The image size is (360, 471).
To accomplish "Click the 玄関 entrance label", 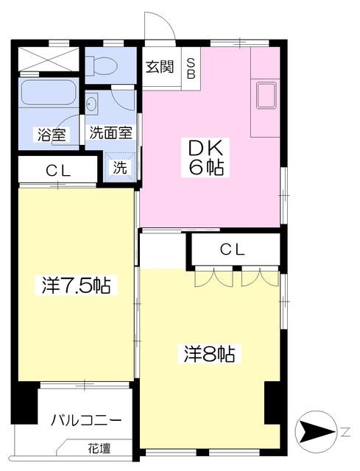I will [159, 67].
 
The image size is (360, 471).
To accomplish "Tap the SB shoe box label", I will [191, 68].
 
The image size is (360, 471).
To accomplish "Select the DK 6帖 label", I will [202, 156].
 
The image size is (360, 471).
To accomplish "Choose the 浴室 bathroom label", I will [50, 135].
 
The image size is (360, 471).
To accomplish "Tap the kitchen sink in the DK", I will [266, 93].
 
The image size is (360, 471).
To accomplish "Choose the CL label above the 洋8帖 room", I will [232, 250].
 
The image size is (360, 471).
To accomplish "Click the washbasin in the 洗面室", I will [93, 104].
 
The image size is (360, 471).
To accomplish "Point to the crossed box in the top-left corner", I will [47, 57].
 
